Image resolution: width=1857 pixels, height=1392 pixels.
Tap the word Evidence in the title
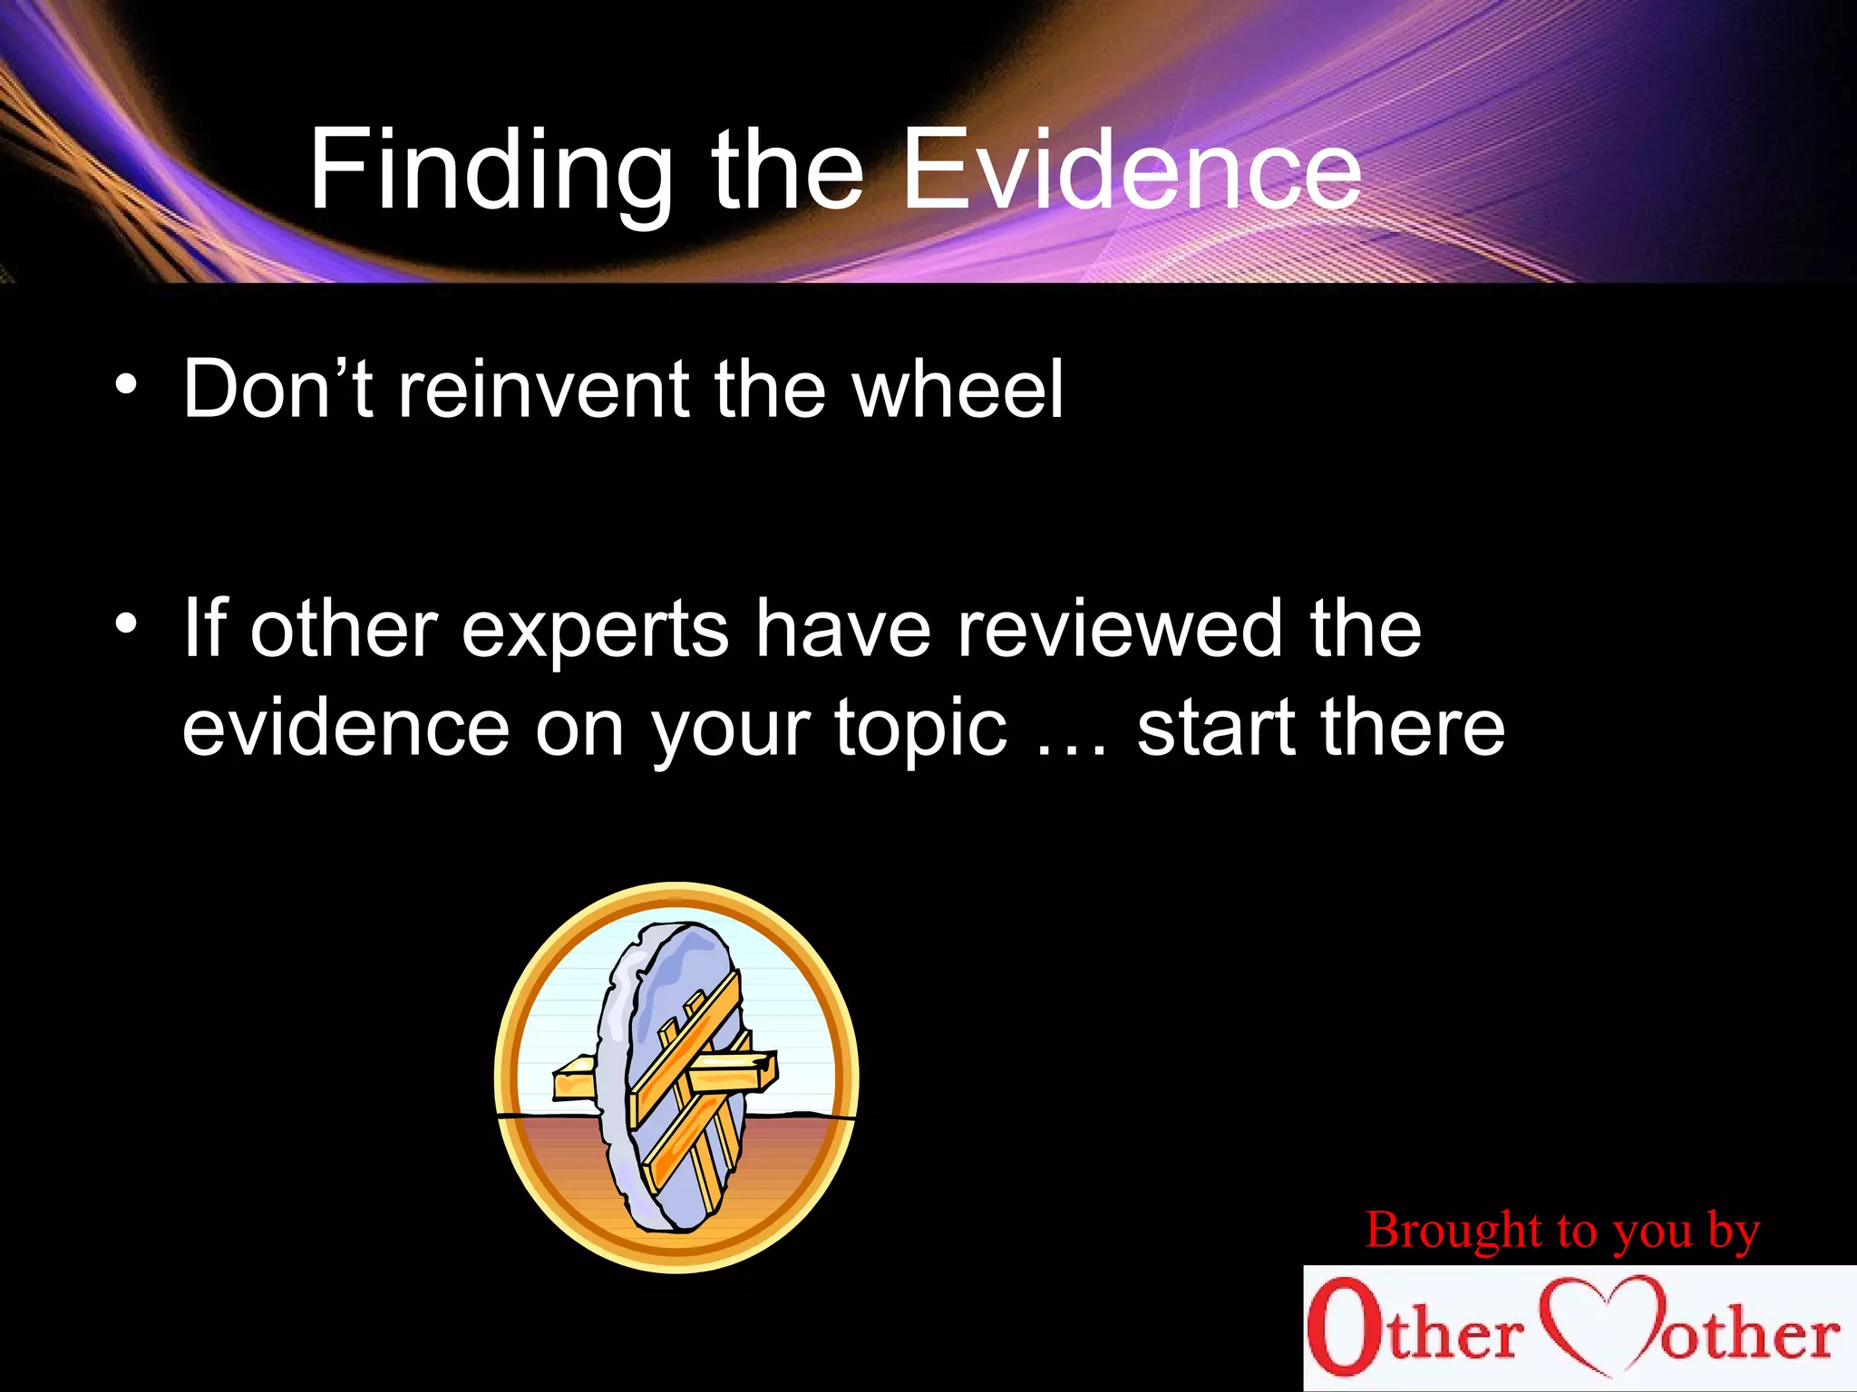1131,170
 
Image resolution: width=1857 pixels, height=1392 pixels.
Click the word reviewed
1121,630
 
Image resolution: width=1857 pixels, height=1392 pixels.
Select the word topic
919,730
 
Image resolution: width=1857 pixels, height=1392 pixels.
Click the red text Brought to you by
1562,1231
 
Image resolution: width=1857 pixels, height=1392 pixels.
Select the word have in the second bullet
843,630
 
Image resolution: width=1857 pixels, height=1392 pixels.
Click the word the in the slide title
787,170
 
